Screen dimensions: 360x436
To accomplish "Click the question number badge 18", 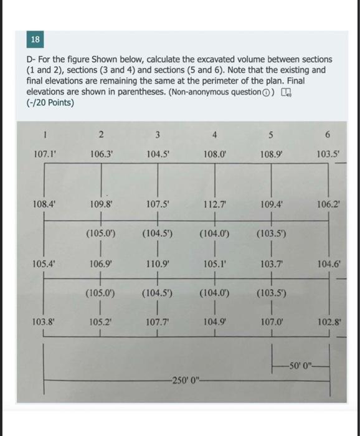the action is pos(36,40).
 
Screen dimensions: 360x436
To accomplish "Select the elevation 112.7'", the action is pos(215,203).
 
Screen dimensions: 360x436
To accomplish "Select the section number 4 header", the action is pos(214,135).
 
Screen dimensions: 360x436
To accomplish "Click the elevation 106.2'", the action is pos(329,203).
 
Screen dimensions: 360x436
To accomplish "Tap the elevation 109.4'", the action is pos(272,203).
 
